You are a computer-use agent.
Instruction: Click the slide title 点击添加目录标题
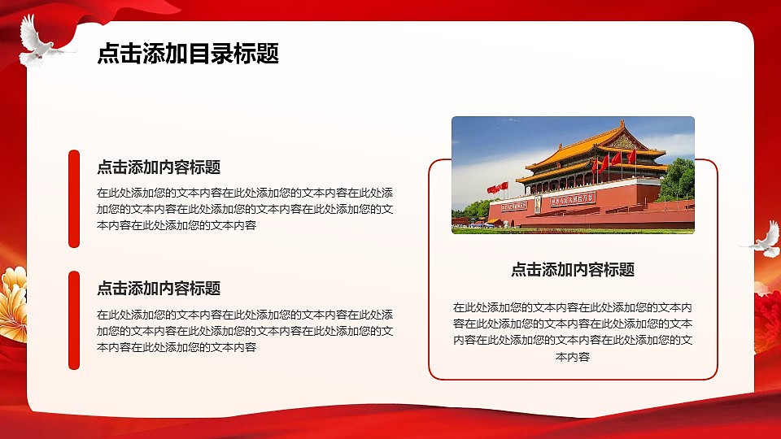pos(188,54)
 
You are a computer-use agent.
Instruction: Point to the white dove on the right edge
pos(762,239)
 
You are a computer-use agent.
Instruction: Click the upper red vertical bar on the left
pos(74,198)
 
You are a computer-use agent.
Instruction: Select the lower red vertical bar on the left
pos(74,319)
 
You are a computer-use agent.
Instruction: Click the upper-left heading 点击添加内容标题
pos(159,167)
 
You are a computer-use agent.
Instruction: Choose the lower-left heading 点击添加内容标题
pos(159,289)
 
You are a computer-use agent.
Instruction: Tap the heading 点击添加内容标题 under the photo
pos(573,270)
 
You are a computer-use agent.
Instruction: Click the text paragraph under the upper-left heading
pos(245,209)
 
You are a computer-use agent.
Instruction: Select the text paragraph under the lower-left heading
pos(245,331)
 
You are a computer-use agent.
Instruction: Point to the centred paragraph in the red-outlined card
pos(573,332)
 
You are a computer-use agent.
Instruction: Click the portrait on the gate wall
pos(537,204)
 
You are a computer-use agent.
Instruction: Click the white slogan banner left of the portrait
pos(514,206)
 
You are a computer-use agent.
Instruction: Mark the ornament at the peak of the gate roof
pos(623,124)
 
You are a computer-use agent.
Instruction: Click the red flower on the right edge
pos(768,313)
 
